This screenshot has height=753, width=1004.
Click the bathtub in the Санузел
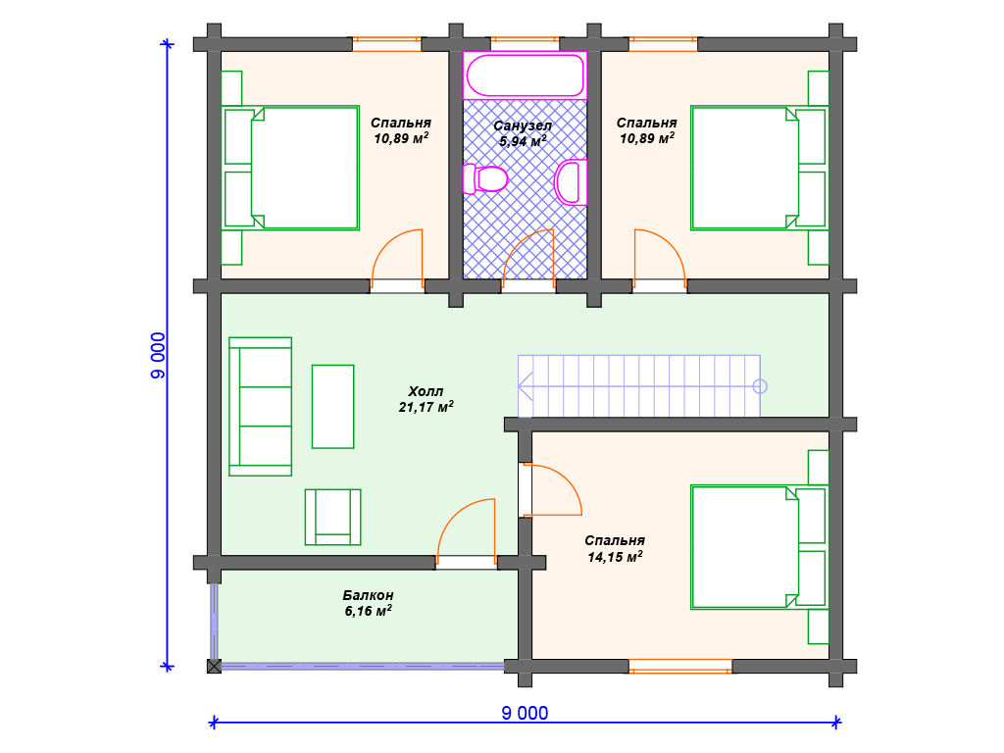coord(526,75)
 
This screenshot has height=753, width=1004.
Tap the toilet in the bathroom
coord(484,178)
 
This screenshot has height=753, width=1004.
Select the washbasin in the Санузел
coord(571,182)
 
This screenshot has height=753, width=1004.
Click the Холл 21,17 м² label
coord(426,399)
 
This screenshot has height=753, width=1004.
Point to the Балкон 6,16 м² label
coord(369,603)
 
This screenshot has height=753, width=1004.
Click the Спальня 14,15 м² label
coord(615,549)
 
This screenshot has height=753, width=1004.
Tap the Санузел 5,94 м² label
coord(523,133)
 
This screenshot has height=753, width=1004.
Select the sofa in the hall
coord(261,407)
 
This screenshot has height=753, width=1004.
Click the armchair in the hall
coord(333,518)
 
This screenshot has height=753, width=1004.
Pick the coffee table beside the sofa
coord(333,407)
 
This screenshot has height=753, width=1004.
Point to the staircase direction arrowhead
coord(526,386)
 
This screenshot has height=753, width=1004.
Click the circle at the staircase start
coord(760,386)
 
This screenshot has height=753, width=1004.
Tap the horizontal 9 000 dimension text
coord(526,714)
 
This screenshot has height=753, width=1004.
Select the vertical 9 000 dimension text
coord(158,355)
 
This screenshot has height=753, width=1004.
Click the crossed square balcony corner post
coord(214,666)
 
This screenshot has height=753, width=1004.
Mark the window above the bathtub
coord(526,44)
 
